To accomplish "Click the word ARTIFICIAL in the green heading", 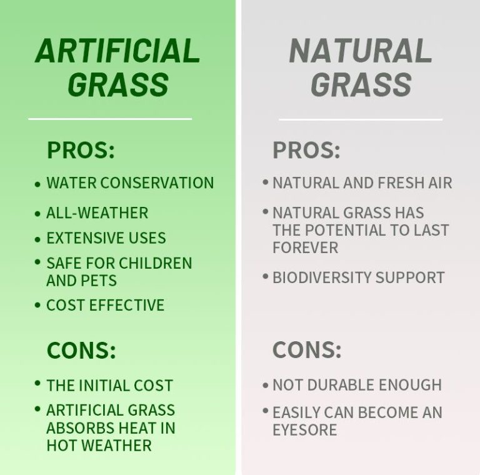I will tap(117, 51).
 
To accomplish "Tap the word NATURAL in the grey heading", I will tap(361, 51).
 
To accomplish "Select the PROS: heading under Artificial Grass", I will tap(81, 151).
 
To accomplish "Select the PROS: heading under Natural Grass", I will tap(306, 151).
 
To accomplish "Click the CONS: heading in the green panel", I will tap(81, 350).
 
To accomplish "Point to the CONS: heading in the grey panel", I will tap(307, 350).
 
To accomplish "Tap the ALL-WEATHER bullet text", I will tap(97, 212).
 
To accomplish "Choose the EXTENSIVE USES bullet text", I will tap(106, 238).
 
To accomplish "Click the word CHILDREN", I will tap(161, 263).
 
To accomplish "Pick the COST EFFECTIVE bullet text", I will tap(105, 306).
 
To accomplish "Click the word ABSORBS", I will tap(84, 428).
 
